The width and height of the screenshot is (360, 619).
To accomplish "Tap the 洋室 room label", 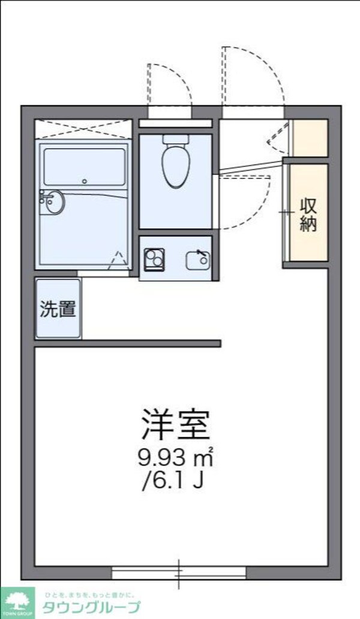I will coord(176,424).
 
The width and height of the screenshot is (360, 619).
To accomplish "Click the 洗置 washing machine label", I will coord(58,309).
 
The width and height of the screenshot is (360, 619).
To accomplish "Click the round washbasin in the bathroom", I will coord(53,202).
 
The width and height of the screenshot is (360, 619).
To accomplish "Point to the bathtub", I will coord(84,168).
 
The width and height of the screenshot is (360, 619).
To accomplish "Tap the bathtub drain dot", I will coord(85,181).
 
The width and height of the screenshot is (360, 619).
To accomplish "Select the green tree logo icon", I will coord(18,599).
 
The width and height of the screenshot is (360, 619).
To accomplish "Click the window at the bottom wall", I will coord(179,573).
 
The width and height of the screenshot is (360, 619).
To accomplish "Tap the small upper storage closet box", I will coord(310,138).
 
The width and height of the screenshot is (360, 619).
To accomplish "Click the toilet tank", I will coord(176,139).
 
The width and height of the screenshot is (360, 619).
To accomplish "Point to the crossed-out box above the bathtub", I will coord(83,128).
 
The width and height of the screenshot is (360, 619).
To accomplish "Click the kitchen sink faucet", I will coord(203,257).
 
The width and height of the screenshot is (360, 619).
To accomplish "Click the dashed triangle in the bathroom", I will coord(119,260).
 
